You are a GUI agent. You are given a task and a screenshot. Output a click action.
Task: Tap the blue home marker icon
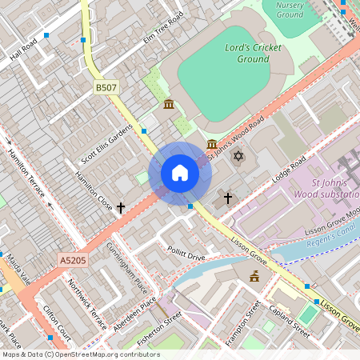[x=180, y=173]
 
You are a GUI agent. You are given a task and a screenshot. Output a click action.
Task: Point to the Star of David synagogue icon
[x=238, y=154]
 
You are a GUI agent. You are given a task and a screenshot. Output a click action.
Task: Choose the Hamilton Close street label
[x=94, y=190]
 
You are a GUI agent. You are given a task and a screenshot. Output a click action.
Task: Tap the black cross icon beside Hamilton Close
[x=121, y=208]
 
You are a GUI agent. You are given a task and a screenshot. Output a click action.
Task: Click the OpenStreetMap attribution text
[x=80, y=354]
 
